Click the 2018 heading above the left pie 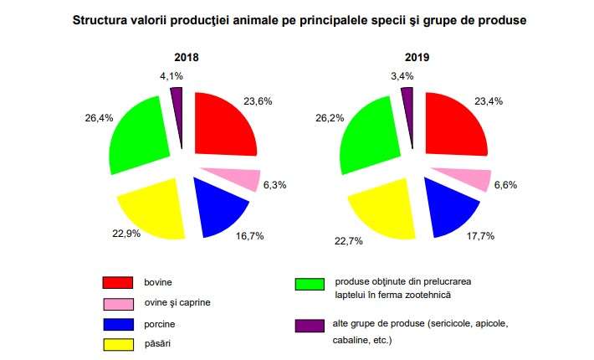(x=186, y=59)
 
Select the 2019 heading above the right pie (x=415, y=59)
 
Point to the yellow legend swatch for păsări (x=119, y=343)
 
